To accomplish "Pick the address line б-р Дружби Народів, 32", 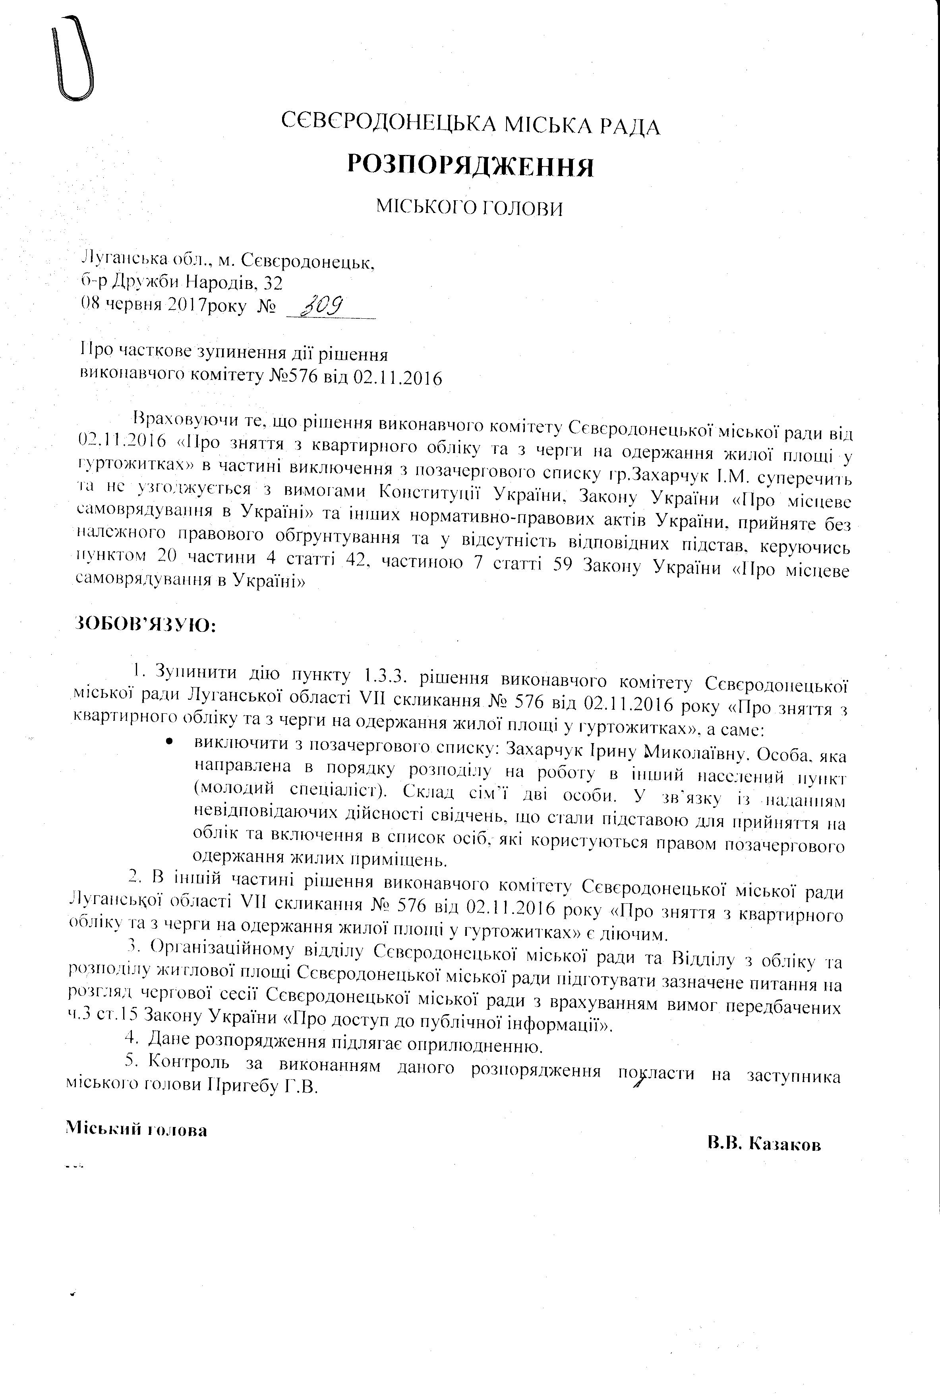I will [x=182, y=282].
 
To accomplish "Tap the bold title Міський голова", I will [x=136, y=1130].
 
